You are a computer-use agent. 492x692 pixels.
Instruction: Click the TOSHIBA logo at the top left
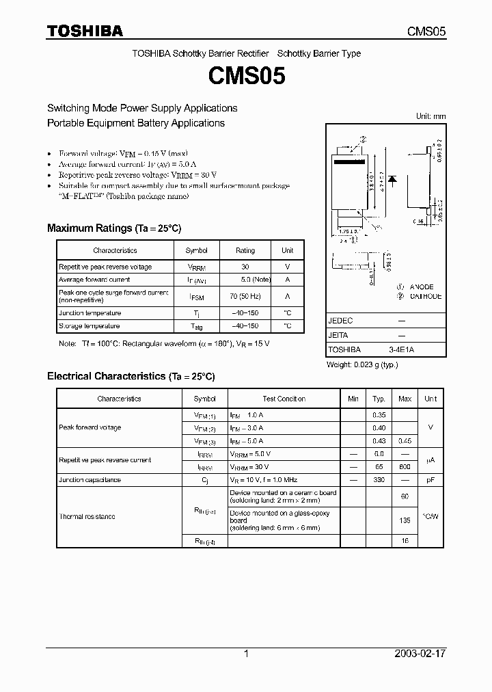coord(85,31)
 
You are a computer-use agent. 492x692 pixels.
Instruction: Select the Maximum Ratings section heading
coord(113,228)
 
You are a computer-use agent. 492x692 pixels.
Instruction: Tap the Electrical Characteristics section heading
coord(131,376)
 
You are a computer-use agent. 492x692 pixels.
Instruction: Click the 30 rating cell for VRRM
coord(245,267)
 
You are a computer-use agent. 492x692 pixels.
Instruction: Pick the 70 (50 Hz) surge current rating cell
coord(245,296)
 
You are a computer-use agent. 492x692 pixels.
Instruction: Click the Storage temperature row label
coord(89,326)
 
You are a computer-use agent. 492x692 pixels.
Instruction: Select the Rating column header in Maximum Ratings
coord(245,250)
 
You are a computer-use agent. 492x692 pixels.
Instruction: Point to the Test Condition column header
coord(284,399)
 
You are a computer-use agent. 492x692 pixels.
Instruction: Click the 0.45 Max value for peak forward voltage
coord(405,441)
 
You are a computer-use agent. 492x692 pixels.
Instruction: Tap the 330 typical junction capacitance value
coord(379,480)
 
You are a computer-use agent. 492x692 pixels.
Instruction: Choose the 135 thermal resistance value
coord(405,520)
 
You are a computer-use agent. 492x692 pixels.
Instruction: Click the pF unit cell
coord(430,480)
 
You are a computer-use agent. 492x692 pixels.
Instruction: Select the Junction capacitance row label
coord(90,480)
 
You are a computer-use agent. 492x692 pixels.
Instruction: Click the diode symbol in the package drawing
coord(393,179)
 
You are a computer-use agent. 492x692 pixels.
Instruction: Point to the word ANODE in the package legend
coord(422,287)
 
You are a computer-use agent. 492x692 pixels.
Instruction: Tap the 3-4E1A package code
coord(401,349)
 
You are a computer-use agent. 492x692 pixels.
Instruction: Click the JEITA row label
coord(338,335)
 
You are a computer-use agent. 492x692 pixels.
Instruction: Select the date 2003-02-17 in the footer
coord(420,654)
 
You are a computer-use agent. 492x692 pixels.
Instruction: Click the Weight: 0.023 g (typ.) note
coord(362,364)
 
